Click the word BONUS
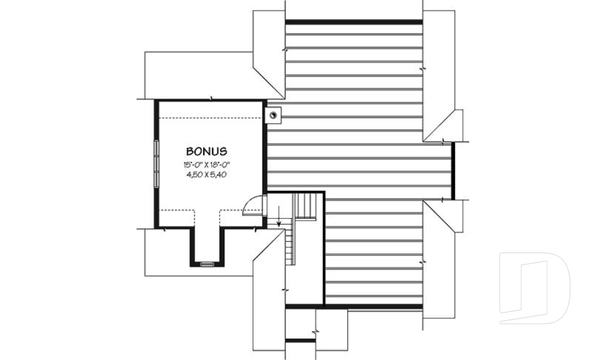pyautogui.click(x=206, y=152)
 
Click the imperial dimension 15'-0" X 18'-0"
pyautogui.click(x=206, y=164)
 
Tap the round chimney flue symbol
pyautogui.click(x=273, y=115)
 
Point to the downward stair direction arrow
pyautogui.click(x=279, y=220)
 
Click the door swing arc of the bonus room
pyautogui.click(x=252, y=204)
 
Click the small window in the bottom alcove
pyautogui.click(x=207, y=263)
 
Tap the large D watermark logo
pyautogui.click(x=534, y=283)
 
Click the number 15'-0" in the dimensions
pyautogui.click(x=192, y=164)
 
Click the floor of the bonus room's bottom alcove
pyautogui.click(x=207, y=244)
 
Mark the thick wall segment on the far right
pyautogui.click(x=452, y=171)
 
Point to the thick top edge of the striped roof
pyautogui.click(x=353, y=22)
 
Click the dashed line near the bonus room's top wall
pyautogui.click(x=209, y=118)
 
